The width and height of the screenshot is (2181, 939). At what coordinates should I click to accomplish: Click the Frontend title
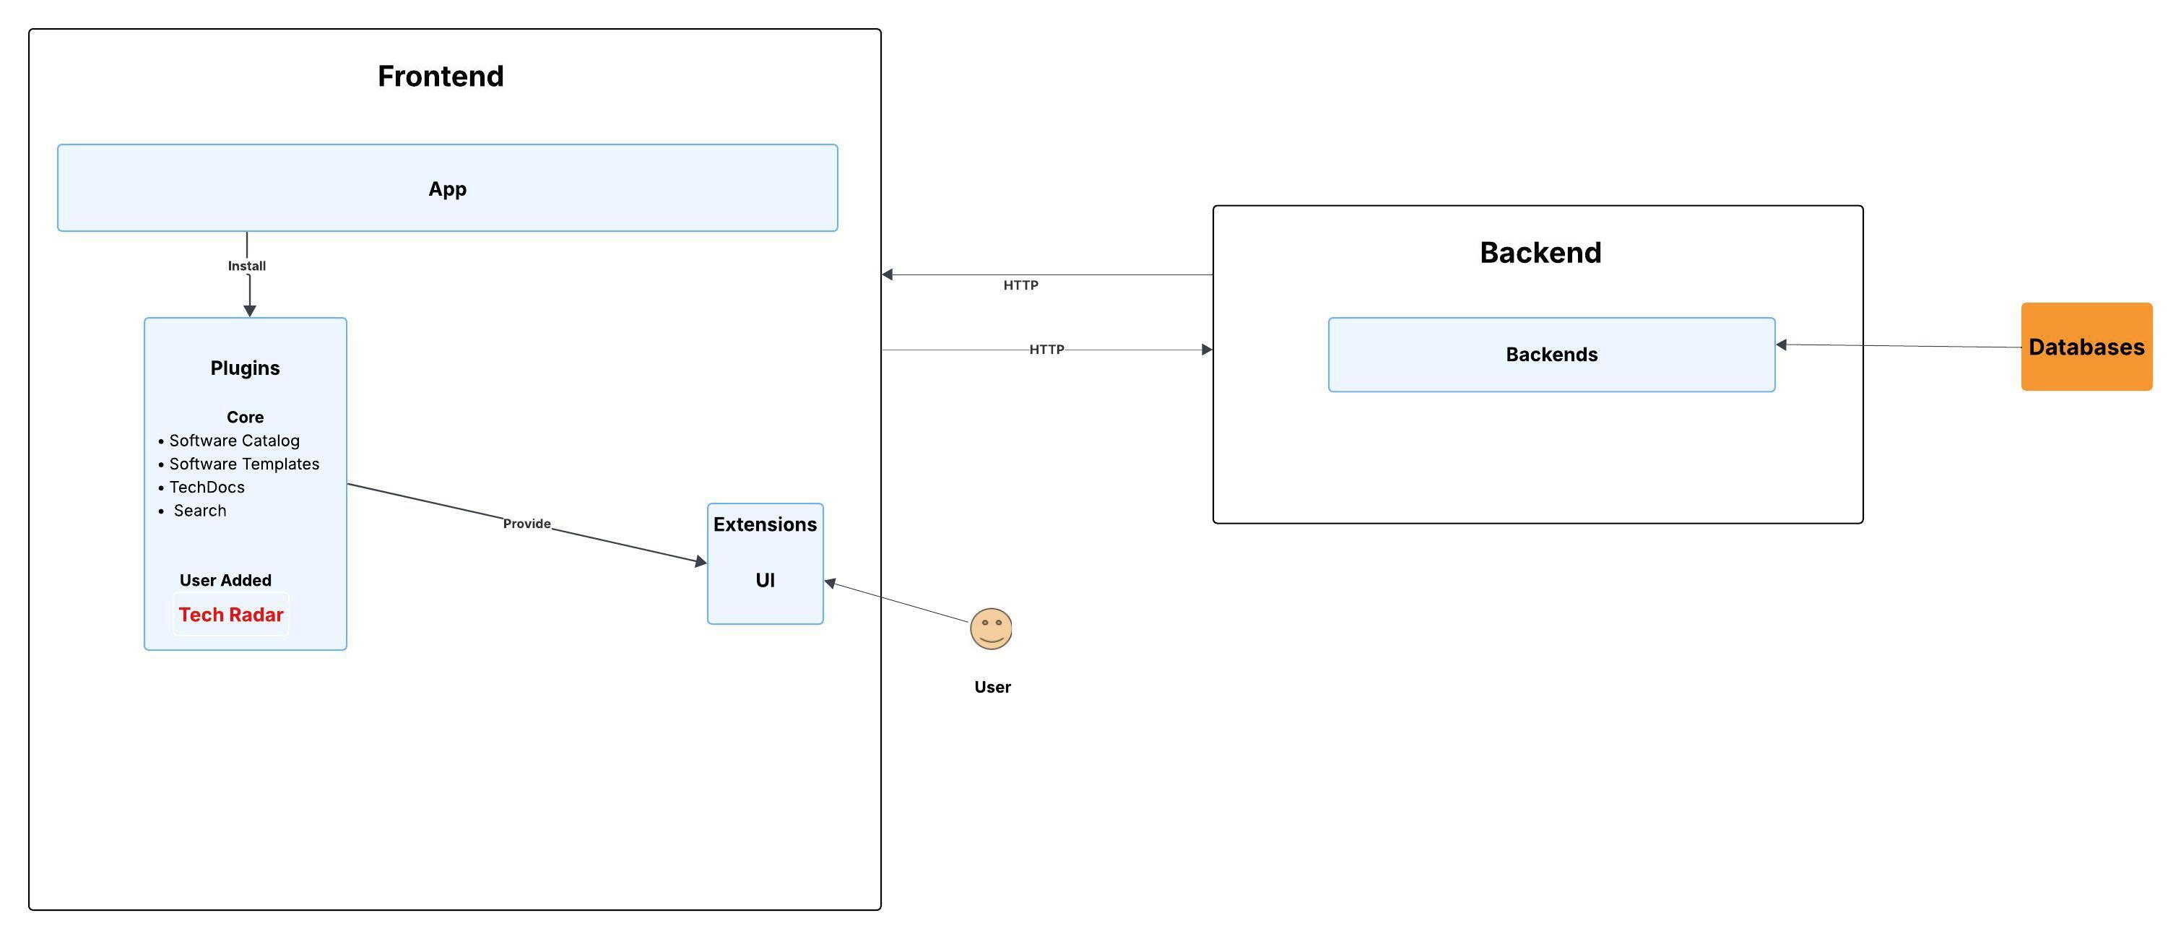(x=441, y=77)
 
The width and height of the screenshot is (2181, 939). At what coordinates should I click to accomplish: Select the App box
(x=447, y=188)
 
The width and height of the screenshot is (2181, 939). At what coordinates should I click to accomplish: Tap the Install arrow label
(x=246, y=266)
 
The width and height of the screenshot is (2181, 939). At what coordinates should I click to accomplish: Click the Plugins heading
(x=245, y=368)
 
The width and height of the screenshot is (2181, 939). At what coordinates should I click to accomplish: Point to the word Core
(x=245, y=417)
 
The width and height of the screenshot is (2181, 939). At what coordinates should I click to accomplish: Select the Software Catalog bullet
(x=234, y=441)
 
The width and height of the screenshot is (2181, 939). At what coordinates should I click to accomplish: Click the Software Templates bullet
(x=244, y=464)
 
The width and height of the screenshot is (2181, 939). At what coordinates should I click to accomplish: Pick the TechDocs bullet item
(x=207, y=487)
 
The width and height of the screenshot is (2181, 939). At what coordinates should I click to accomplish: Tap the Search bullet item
(x=200, y=511)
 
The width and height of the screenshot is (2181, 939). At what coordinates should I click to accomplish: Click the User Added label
(x=225, y=580)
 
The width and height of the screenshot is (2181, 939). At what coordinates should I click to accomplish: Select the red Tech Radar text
(x=230, y=615)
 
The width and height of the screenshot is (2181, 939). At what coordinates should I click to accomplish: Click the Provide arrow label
(x=526, y=523)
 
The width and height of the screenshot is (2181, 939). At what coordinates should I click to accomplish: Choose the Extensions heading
(x=765, y=524)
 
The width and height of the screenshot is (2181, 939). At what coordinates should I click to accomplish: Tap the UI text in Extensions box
(x=765, y=580)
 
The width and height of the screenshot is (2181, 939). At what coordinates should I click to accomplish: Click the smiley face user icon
(x=991, y=628)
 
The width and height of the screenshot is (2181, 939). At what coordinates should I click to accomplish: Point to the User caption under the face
(x=992, y=687)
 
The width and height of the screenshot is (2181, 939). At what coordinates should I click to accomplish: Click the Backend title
(x=1540, y=252)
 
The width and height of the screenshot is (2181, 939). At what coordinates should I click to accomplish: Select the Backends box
(x=1551, y=355)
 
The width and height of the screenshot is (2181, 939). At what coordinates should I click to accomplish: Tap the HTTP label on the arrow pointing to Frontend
(x=1020, y=285)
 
